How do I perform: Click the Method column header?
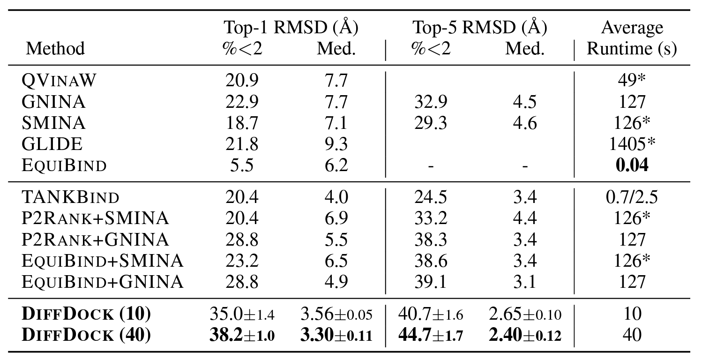pos(55,49)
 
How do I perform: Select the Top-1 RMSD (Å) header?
pos(291,27)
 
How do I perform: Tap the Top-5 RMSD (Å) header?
pos(479,27)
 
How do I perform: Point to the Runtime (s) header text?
pos(632,49)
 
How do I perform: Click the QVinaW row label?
pos(59,80)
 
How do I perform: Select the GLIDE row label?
pos(52,144)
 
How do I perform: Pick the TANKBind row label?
pos(70,197)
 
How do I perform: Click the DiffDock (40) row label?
pos(86,334)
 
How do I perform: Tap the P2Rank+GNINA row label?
pos(95,240)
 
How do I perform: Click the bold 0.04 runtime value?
pos(632,165)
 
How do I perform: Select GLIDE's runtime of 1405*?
pos(632,144)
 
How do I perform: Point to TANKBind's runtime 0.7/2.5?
pos(632,197)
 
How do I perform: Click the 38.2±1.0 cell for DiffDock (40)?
pos(242,335)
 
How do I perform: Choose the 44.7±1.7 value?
pos(431,335)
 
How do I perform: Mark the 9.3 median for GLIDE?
pos(336,144)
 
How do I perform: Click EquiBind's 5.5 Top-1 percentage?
pos(242,165)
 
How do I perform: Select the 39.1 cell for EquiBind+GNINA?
pos(431,282)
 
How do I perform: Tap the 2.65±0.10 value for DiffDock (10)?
pos(525,314)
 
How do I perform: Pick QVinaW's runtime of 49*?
pos(632,80)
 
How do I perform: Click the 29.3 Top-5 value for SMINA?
pos(431,123)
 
